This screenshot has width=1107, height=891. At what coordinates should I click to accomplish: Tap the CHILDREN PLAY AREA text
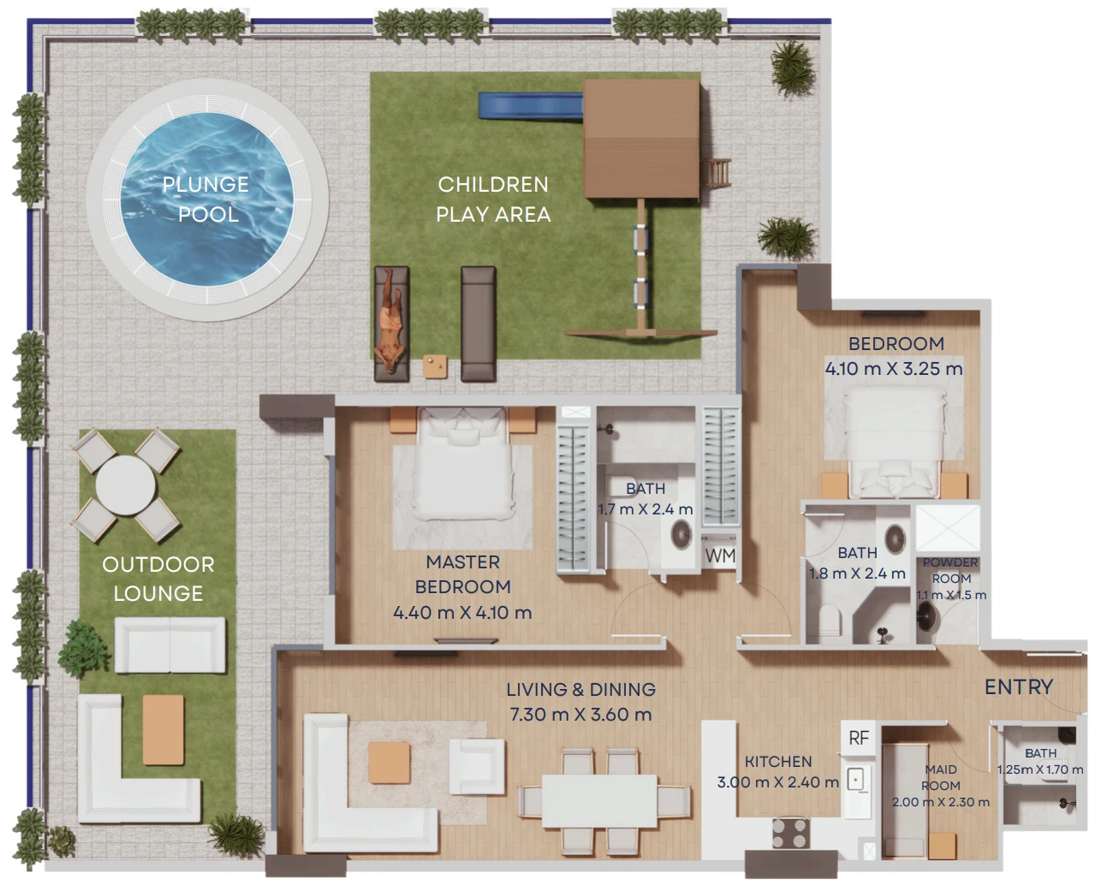coord(493,199)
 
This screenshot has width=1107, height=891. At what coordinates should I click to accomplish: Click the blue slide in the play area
coord(530,105)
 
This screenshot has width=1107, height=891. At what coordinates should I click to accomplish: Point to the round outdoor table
coord(126,485)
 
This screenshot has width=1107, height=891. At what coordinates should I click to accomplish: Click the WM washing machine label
coord(720,555)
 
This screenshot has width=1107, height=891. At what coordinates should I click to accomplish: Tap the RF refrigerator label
coord(859,738)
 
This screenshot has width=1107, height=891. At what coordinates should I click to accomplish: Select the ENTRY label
coord(1019,686)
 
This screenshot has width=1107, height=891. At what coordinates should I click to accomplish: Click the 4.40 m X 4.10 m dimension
coord(462,613)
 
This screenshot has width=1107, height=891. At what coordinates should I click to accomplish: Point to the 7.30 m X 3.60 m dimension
coord(580,715)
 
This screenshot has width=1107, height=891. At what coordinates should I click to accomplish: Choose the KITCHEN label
coord(778,762)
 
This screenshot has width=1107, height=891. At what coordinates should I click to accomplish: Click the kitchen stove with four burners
coord(791,833)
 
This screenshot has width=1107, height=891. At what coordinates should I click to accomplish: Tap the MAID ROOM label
coord(941,777)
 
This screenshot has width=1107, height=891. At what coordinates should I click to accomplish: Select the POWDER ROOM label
coord(950,571)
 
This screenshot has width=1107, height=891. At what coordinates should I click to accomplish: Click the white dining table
coord(600,801)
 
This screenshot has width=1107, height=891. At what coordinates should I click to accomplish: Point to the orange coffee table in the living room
coord(390,763)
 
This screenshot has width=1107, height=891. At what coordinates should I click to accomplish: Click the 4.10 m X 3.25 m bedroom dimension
coord(894,369)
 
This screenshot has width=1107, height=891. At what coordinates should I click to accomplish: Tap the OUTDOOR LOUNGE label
coord(158,579)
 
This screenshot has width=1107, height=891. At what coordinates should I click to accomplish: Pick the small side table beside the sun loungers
coord(435,367)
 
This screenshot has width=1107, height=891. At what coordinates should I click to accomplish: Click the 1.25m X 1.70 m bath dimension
coord(1040,769)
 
